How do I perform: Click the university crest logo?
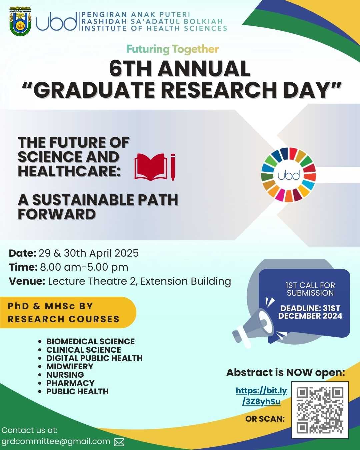tap(20, 21)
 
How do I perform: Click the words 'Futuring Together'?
tap(172, 49)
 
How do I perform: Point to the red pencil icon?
tap(173, 167)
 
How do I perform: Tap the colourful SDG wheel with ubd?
tap(288, 175)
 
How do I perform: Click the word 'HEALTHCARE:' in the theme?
tap(69, 171)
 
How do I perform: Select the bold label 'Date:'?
tap(22, 253)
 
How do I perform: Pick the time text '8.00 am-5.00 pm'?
tap(84, 267)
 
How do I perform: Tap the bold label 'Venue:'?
tap(27, 281)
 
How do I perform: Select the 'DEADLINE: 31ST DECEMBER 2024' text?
tap(310, 312)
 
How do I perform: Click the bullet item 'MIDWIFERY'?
tap(70, 366)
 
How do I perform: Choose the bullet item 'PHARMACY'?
tap(70, 383)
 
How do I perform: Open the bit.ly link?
tap(261, 396)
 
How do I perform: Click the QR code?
tap(320, 410)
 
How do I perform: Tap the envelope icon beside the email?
tap(119, 442)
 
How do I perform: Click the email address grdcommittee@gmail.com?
tap(56, 441)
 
